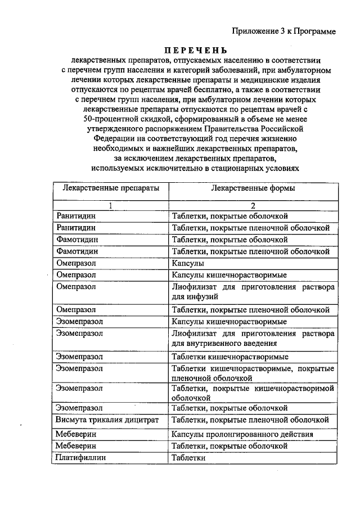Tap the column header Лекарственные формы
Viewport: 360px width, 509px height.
tap(253, 188)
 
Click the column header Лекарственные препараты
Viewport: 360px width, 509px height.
tap(111, 188)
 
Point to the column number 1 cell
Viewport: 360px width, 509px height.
tap(111, 205)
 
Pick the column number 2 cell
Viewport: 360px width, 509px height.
tap(253, 205)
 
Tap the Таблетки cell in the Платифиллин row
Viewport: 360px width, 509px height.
tap(189, 458)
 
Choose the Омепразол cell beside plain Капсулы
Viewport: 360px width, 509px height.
tap(76, 263)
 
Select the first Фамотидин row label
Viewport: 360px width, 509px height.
tap(78, 240)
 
